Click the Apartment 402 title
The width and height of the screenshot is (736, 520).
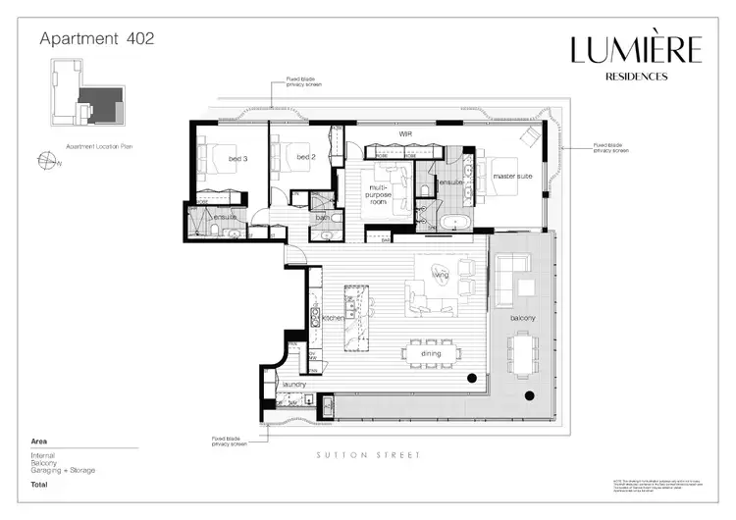[96, 39]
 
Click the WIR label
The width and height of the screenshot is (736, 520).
[403, 133]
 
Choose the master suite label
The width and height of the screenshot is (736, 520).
[511, 177]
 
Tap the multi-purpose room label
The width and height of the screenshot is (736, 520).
[380, 191]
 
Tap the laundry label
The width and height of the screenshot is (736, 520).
[294, 385]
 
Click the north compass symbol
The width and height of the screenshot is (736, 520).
[43, 161]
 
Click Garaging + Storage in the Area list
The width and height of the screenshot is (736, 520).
[62, 470]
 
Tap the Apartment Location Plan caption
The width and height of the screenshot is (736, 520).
[98, 144]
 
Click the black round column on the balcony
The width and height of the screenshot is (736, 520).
[530, 395]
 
